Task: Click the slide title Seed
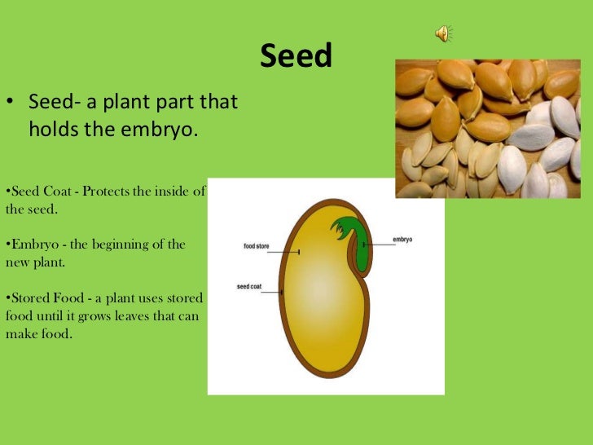296,56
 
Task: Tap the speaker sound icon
443,33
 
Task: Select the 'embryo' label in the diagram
402,240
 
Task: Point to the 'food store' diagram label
257,245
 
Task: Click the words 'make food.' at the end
39,333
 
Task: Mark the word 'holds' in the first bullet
54,129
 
